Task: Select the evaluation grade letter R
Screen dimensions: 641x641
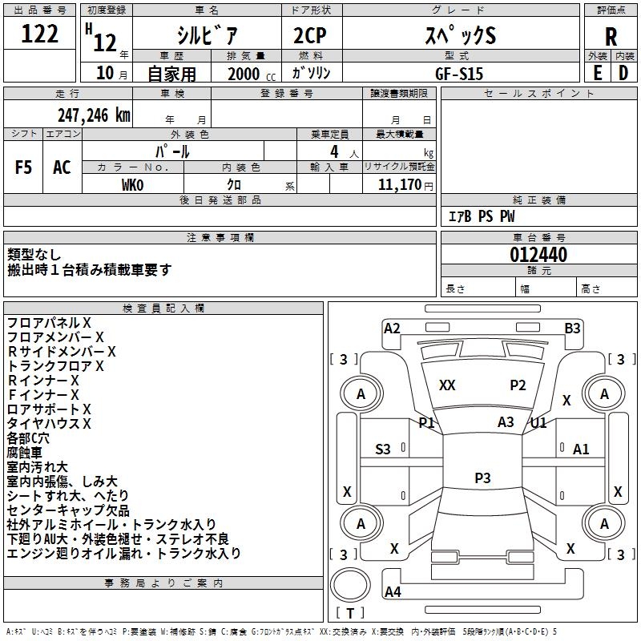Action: (611, 36)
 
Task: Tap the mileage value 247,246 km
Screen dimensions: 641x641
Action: (94, 115)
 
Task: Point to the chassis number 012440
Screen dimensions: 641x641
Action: (538, 255)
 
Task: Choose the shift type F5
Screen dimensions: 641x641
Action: (24, 167)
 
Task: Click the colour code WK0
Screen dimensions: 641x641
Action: (132, 185)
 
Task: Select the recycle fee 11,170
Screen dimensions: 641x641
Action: (399, 185)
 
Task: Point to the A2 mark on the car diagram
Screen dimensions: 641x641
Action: (392, 328)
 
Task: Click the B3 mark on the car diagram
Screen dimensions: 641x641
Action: (572, 328)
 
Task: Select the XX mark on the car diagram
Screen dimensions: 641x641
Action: (447, 385)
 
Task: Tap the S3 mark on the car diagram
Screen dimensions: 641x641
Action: (383, 450)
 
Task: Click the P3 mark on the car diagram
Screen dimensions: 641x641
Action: (482, 478)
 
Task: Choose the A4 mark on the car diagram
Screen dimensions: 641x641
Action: (393, 592)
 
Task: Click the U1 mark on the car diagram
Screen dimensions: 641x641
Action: (538, 422)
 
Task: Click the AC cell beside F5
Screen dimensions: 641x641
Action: (62, 167)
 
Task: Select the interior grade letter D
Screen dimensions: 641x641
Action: (623, 72)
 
